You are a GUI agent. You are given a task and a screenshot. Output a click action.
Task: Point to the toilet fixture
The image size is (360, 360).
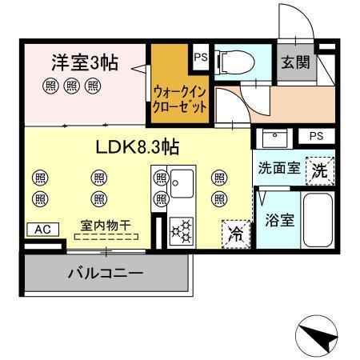click(233, 61)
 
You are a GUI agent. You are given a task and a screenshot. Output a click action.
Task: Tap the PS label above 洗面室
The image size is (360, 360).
click(316, 136)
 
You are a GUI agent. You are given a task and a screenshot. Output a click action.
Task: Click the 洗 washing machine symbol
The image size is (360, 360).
click(318, 170)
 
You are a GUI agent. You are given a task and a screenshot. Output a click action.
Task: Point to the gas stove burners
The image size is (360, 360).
click(182, 231)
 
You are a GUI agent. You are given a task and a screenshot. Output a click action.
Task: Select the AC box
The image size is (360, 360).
click(42, 230)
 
